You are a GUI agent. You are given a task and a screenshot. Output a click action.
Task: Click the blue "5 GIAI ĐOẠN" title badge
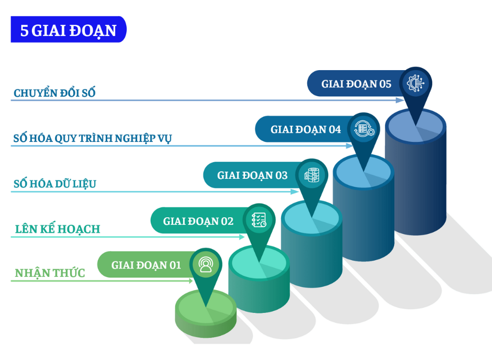coord(69,29)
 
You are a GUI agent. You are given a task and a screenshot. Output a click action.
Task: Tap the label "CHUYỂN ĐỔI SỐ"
coord(54,93)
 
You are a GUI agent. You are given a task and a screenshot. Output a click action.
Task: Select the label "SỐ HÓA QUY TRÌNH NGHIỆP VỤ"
coord(93,138)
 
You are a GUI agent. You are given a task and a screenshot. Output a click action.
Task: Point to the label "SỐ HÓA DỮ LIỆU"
coord(55,184)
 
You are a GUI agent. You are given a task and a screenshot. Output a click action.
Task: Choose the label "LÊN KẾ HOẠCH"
coord(58,229)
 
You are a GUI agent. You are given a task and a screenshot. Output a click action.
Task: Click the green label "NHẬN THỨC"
coord(50,273)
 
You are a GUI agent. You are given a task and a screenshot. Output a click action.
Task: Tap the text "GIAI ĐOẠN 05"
coord(356,84)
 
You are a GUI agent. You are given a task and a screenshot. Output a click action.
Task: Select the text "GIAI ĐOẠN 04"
coord(306,130)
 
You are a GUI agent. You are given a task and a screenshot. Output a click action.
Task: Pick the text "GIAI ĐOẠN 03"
coord(252,175)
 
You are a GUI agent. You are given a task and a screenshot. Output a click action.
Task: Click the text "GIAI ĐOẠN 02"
coord(198,221)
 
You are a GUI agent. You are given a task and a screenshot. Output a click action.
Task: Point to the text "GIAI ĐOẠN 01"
coord(146,265)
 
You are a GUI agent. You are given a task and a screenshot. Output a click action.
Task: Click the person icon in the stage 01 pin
coord(206,264)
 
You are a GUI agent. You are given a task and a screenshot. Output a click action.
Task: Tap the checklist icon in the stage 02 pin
coord(259,220)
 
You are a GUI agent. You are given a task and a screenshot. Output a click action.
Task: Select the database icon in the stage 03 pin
coord(311,175)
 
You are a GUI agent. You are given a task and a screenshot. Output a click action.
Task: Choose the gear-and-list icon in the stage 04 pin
coord(364,129)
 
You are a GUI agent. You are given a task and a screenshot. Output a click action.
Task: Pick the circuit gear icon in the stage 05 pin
coord(416,83)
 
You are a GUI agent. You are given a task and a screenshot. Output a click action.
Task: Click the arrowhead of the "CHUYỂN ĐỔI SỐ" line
coord(400,100)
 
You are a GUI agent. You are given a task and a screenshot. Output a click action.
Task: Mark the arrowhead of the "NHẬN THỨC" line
coord(191,280)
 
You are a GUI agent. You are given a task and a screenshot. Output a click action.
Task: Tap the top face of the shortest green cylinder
coord(206,307)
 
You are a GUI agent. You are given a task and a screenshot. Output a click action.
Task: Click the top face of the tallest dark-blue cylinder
coord(416,126)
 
